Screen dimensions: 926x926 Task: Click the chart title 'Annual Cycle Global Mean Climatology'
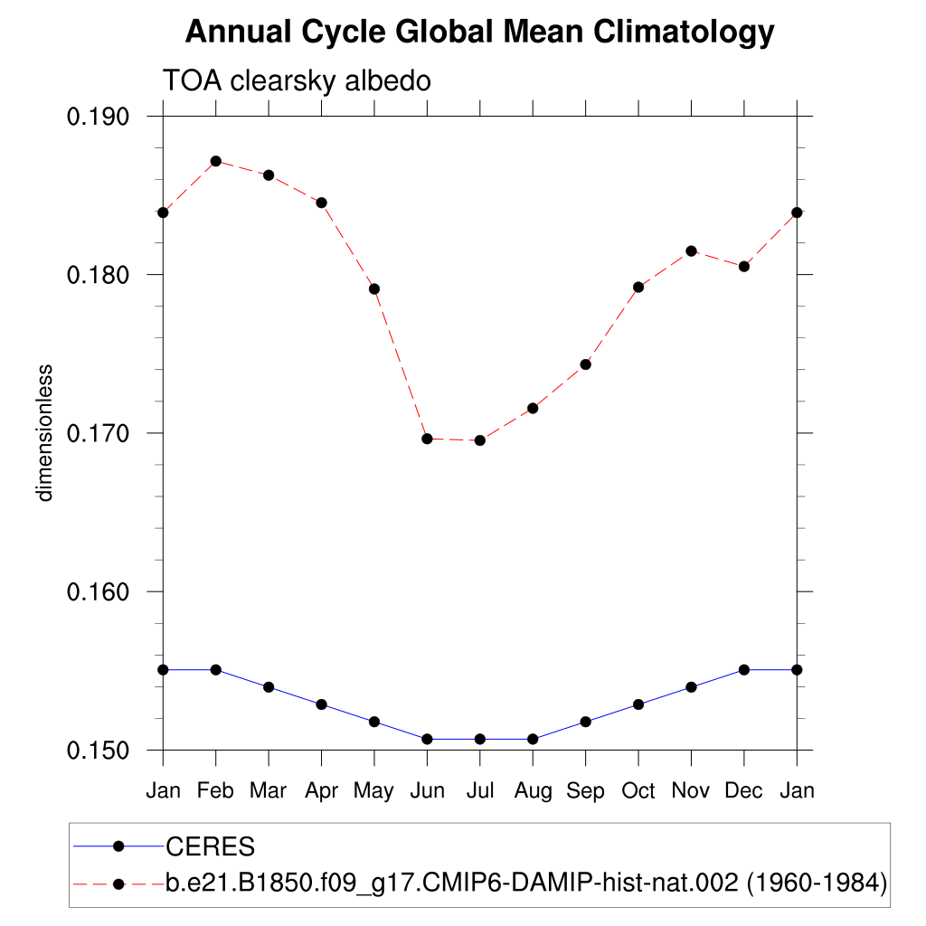point(479,33)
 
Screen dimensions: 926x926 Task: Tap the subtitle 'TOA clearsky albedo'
point(297,80)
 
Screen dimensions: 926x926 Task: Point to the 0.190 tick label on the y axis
point(99,117)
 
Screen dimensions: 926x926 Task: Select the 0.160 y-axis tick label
point(99,591)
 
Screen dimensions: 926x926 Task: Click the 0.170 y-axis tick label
point(99,433)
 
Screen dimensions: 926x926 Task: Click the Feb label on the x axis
point(215,790)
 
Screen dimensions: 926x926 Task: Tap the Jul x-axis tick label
point(479,790)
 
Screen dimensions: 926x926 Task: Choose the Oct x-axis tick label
point(638,790)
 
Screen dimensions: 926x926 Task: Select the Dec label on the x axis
point(743,790)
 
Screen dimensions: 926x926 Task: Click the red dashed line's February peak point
point(215,161)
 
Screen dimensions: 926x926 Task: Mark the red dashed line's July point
point(479,440)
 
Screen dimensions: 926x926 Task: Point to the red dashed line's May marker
point(373,289)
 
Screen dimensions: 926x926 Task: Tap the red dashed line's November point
point(691,250)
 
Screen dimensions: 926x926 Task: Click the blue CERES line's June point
point(427,739)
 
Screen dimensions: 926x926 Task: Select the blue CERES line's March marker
point(269,687)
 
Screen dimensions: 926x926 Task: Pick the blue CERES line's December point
point(743,669)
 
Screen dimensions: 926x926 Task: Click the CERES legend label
point(210,847)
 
